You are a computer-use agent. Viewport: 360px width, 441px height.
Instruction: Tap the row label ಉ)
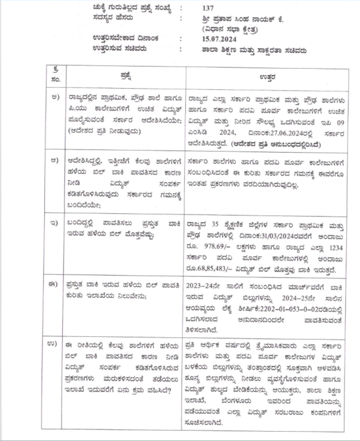[55, 345]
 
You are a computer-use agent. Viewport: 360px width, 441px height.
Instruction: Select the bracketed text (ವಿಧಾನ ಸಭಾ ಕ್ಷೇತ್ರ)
[231, 27]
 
